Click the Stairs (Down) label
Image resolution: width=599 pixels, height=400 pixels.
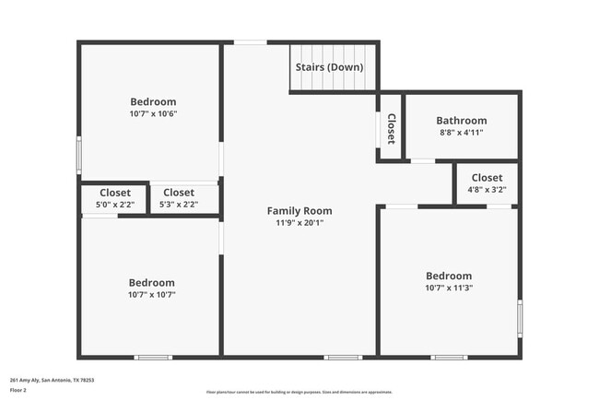329,67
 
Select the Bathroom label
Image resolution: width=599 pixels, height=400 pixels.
462,121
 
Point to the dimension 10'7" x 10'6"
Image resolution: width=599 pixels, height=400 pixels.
153,114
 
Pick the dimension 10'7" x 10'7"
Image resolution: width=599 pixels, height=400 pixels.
152,295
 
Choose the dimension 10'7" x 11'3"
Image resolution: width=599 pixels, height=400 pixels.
449,288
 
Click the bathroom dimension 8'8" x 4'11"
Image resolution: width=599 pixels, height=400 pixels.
462,133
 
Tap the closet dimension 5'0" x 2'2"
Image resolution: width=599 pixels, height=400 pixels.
115,205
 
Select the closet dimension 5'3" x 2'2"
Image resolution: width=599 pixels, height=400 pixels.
179,205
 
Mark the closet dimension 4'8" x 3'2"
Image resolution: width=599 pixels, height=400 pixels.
487,190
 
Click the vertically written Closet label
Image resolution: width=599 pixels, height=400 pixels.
391,129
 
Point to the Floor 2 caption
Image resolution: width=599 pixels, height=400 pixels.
19,390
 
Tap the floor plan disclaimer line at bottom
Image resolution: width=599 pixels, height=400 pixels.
299,392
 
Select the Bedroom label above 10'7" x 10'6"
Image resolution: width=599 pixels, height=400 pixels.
153,102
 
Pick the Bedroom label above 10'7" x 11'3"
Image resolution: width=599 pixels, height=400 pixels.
449,276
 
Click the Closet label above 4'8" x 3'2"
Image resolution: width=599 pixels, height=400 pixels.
487,178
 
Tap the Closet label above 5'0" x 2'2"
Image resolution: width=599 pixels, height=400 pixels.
115,193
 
